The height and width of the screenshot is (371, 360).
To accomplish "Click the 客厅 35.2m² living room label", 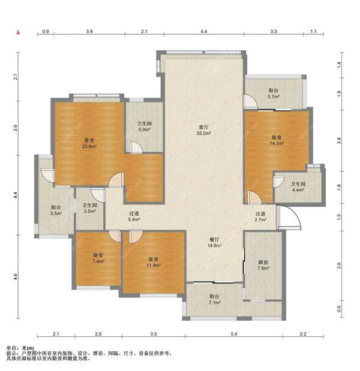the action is pyautogui.click(x=203, y=130).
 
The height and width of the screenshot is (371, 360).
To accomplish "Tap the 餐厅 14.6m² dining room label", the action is pyautogui.click(x=214, y=243).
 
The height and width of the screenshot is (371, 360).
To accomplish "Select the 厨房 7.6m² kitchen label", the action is pyautogui.click(x=263, y=266).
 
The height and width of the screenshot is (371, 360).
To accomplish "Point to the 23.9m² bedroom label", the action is pyautogui.click(x=89, y=143).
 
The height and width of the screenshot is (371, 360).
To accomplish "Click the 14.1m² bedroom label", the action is pyautogui.click(x=277, y=140).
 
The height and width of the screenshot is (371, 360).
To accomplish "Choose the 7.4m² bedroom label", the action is pyautogui.click(x=98, y=258).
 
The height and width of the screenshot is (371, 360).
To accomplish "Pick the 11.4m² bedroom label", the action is pyautogui.click(x=154, y=262).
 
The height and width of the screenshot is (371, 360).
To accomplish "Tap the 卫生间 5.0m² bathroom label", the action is pyautogui.click(x=144, y=126).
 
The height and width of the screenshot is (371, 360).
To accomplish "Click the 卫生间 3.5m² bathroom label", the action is pyautogui.click(x=89, y=208).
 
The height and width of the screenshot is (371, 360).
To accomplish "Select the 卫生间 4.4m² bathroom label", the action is pyautogui.click(x=298, y=186).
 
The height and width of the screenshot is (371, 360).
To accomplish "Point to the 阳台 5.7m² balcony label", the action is pyautogui.click(x=274, y=93).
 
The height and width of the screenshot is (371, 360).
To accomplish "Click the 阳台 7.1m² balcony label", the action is pyautogui.click(x=214, y=299).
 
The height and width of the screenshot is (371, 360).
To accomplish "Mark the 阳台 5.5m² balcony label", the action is pyautogui.click(x=56, y=210).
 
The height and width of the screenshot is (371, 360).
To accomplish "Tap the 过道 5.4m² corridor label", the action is pyautogui.click(x=134, y=216).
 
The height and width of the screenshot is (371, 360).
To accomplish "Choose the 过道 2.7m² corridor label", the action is pyautogui.click(x=260, y=216).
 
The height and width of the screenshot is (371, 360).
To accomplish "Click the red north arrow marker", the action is pyautogui.click(x=18, y=32).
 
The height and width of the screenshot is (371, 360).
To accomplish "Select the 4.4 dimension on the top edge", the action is pyautogui.click(x=203, y=31).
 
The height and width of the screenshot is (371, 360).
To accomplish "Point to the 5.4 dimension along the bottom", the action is pyautogui.click(x=234, y=334).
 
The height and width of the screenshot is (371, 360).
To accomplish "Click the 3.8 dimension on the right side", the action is pyautogui.click(x=339, y=266).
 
